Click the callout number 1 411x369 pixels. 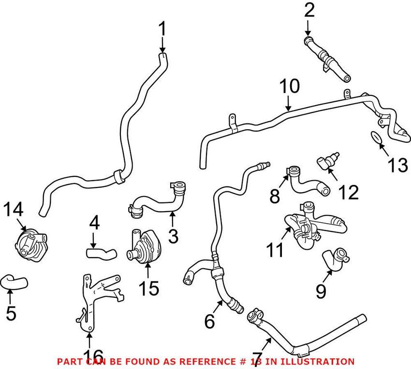(x=162, y=31)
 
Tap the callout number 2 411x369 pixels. (x=308, y=10)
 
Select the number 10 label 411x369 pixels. (x=289, y=87)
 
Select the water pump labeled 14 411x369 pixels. (x=28, y=241)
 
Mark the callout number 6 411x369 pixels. (x=209, y=320)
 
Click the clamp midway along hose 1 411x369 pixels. (x=118, y=177)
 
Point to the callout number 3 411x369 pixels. (x=173, y=236)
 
